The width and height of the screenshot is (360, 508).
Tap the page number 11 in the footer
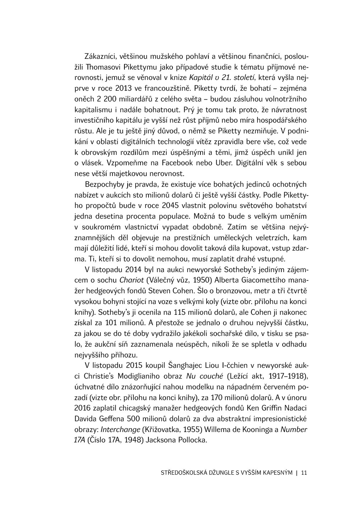click(x=304, y=473)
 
